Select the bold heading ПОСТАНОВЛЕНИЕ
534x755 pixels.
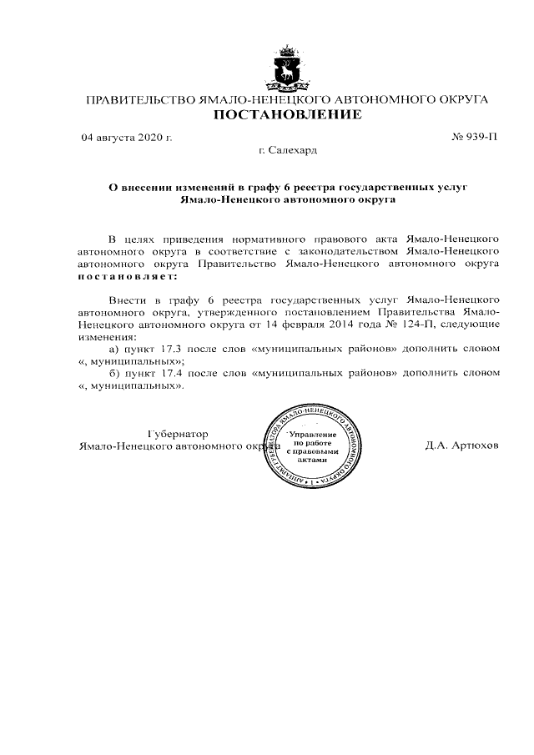coord(287,115)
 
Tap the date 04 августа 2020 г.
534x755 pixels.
coord(126,137)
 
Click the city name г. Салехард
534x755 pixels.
coord(288,151)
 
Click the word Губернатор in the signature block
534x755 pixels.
coord(178,434)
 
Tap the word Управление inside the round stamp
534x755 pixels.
coord(312,435)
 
